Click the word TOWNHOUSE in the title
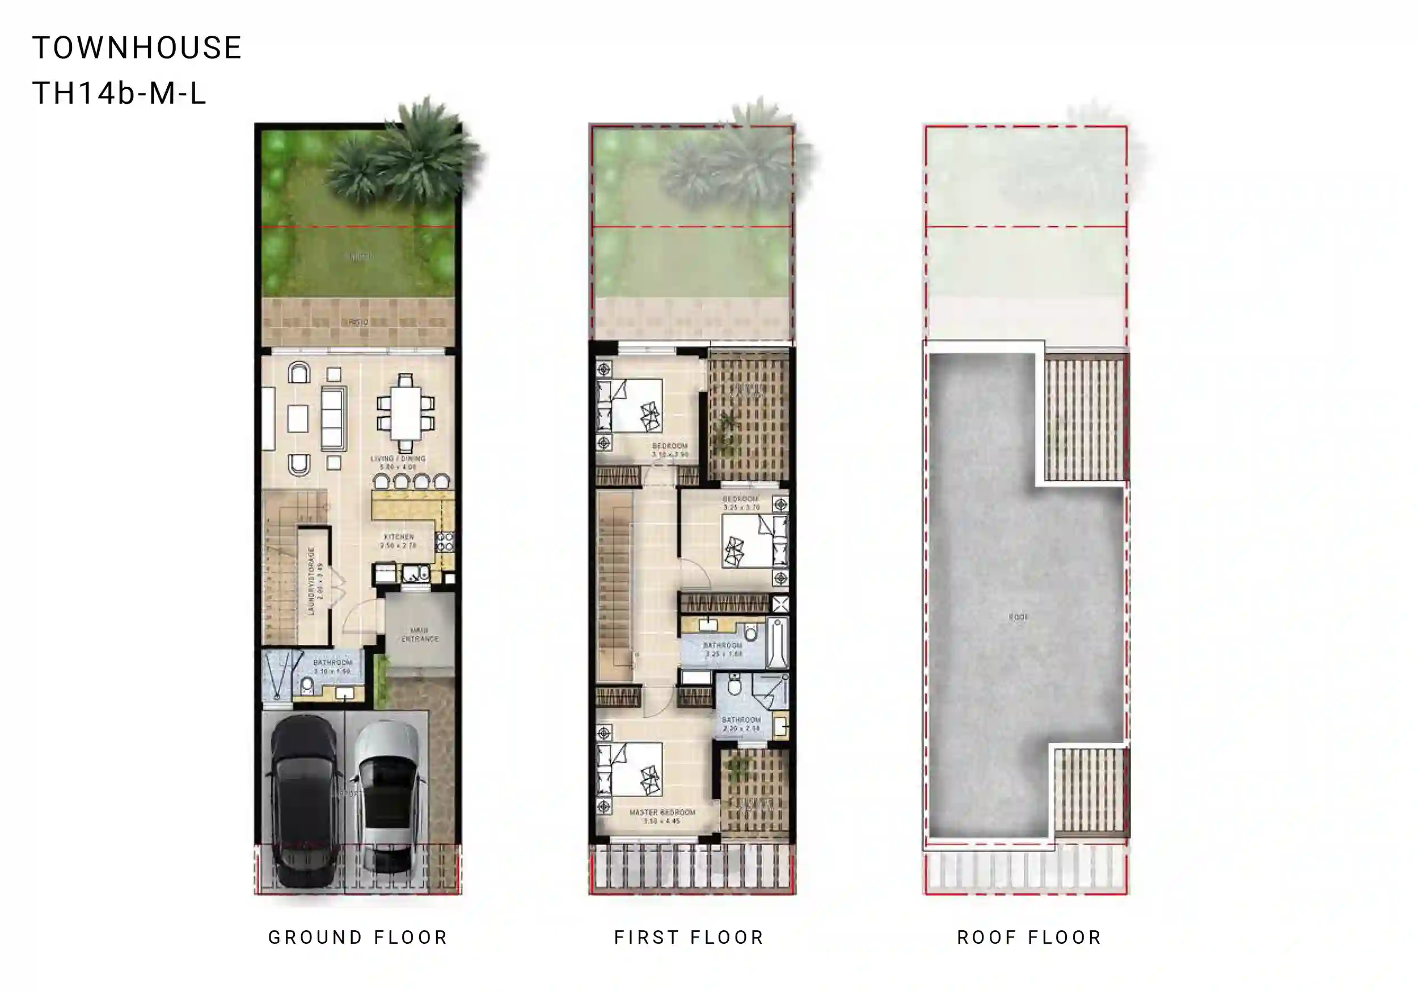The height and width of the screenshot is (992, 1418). coord(137,48)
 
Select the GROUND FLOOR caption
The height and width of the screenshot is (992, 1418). coord(357,938)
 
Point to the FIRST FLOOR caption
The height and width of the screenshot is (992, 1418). coord(689,938)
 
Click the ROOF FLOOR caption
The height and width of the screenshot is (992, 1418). coord(1029,938)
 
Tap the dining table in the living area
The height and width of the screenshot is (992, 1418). coord(405,412)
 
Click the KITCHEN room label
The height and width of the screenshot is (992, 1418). coord(398,541)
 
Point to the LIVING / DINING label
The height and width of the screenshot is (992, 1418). coord(398,463)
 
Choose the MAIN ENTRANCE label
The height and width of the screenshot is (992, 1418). coord(419,634)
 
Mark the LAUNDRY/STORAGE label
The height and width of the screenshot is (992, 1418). coord(315,581)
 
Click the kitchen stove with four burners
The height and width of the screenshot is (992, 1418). coord(445,542)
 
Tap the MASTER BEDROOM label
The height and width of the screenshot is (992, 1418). coord(662,816)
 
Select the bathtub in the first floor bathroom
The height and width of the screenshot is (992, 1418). coord(777,643)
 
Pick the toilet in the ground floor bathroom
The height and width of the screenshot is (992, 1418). coord(307,685)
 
